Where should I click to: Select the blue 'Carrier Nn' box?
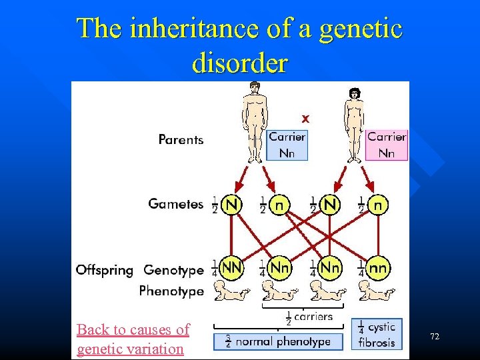coord(287,145)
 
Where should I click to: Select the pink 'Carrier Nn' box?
coord(387,145)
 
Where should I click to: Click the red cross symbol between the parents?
coord(305,119)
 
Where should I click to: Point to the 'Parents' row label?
coord(181,139)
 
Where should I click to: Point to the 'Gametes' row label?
coord(175,204)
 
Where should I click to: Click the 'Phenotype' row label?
coord(171,291)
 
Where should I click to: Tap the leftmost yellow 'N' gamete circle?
coord(231,204)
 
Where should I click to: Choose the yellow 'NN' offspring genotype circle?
coord(231,268)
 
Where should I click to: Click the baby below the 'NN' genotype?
coord(231,291)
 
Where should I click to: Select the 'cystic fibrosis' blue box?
coord(377,333)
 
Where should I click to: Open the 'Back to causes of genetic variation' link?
coord(133,339)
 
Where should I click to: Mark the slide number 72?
coord(435,337)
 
